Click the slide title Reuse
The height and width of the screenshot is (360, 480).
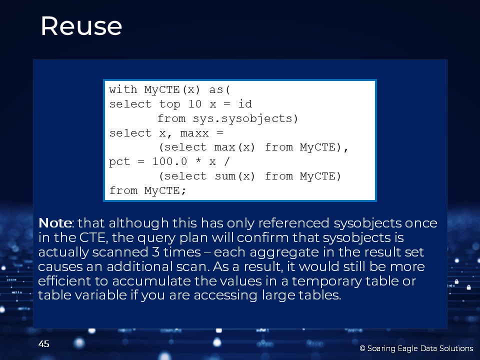[81, 26]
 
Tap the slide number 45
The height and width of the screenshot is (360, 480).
[44, 344]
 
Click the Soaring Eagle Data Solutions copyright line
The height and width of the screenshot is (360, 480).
[416, 348]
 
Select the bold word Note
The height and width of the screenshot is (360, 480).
[55, 223]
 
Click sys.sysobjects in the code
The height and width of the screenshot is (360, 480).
[242, 118]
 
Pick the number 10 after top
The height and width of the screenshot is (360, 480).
[194, 104]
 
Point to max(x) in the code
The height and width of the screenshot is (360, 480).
[234, 147]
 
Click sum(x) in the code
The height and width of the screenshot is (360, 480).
[234, 176]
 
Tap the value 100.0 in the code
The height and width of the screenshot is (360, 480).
[169, 161]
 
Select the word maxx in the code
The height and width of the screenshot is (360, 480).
[194, 133]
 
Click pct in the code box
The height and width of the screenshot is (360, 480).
[119, 162]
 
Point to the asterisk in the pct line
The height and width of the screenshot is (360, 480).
[198, 160]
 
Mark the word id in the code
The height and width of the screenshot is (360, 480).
[245, 104]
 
